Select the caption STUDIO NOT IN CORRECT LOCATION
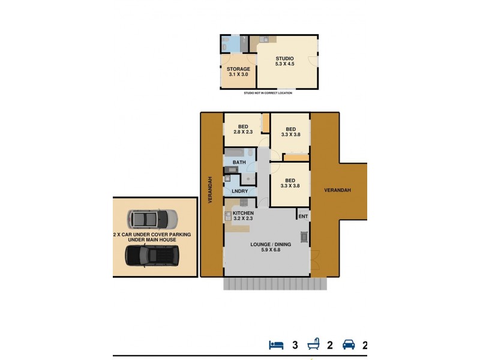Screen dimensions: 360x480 [268, 93]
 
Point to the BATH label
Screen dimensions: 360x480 [239, 163]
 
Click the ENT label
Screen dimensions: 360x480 [303, 216]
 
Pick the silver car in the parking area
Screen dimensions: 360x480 [153, 218]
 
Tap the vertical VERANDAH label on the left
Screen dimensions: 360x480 [211, 190]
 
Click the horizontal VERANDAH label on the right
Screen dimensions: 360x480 [337, 190]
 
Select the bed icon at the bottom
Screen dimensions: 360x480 [276, 345]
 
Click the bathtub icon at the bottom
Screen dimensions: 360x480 [313, 345]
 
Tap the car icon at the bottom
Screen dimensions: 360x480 [349, 345]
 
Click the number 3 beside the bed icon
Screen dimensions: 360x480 [295, 345]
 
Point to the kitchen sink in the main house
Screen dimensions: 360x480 [228, 215]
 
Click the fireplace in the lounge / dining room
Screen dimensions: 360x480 [304, 236]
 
